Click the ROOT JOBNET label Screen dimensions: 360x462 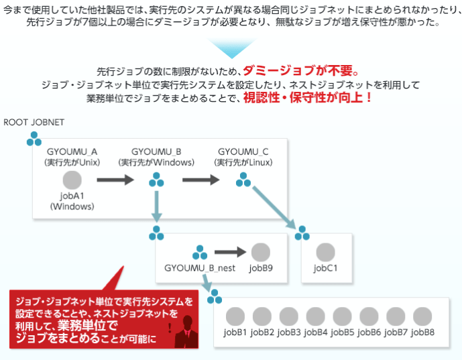34,123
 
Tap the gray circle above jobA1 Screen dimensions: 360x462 72,180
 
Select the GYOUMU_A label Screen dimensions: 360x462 72,151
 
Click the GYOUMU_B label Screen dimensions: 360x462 156,151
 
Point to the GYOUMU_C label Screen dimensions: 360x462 243,151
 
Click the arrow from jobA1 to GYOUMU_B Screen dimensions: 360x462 116,180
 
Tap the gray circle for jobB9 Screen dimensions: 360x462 260,253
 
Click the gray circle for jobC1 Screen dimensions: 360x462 325,253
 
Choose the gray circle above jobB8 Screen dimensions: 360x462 422,316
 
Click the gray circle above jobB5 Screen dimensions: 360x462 342,316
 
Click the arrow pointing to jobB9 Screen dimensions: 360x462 231,253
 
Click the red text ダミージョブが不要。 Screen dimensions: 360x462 302,70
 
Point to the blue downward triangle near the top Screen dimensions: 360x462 231,48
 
